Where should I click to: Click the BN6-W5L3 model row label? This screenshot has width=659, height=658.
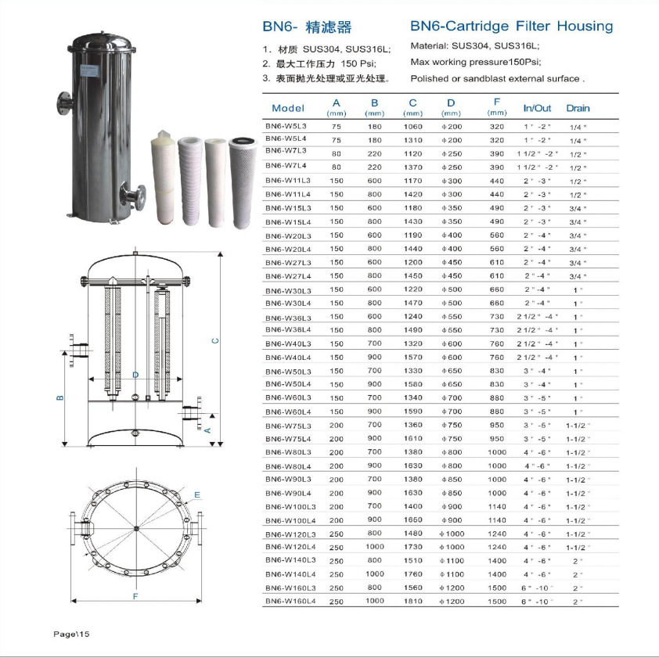(x=286, y=126)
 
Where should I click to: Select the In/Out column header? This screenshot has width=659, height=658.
(x=537, y=109)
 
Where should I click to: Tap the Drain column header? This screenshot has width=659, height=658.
(x=578, y=109)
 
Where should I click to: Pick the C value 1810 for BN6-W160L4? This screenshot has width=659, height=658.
(x=412, y=601)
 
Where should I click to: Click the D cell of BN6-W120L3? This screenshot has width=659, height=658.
(x=452, y=534)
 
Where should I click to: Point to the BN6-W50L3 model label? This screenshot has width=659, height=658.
(x=288, y=372)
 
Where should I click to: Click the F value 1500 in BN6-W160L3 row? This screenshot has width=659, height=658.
(x=497, y=588)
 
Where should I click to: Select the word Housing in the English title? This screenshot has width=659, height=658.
(x=585, y=27)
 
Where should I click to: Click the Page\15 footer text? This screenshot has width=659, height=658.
(x=71, y=634)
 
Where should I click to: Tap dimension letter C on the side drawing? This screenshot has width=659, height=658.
(x=215, y=341)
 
